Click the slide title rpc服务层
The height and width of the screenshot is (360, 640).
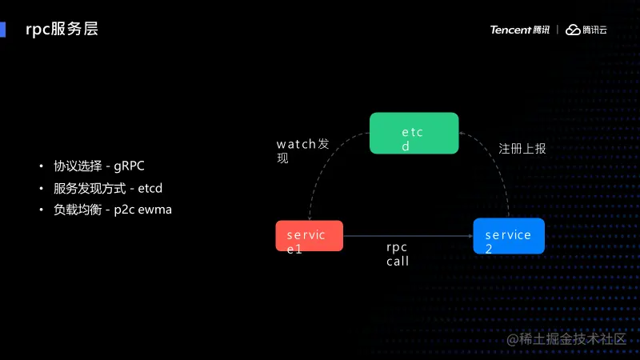click(62, 30)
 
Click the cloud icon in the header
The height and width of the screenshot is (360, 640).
click(573, 30)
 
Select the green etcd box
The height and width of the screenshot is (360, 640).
click(414, 133)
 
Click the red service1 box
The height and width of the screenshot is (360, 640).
click(309, 237)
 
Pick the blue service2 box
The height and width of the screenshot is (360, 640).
click(508, 236)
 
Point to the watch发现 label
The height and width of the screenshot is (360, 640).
click(302, 150)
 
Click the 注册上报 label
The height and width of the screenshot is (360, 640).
click(522, 149)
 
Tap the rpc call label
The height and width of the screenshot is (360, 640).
click(398, 254)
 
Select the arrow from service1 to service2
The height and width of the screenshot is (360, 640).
click(408, 236)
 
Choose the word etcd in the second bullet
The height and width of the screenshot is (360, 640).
click(156, 188)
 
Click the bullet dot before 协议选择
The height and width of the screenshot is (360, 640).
click(42, 166)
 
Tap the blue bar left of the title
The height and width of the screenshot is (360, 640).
click(2, 30)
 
